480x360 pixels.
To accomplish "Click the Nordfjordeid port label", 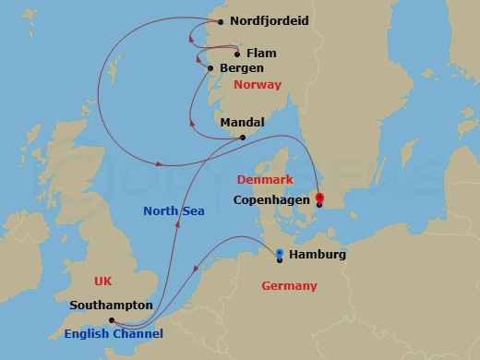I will tap(269, 20).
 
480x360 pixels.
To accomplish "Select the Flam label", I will tap(261, 54).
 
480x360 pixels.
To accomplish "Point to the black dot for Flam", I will tap(237, 54).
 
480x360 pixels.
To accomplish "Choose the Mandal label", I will tap(243, 123).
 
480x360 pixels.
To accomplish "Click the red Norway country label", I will tap(258, 85).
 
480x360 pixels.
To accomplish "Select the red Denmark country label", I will tap(265, 179).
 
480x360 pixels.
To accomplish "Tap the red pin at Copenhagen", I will tap(319, 197).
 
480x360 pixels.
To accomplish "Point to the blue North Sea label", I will tap(174, 211).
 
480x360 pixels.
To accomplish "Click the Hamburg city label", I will tap(317, 255).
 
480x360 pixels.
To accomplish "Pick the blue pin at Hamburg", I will tap(280, 252).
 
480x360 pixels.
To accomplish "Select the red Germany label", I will tap(289, 286).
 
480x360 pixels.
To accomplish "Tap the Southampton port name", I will tap(111, 305).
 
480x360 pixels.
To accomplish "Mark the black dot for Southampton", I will tap(111, 321).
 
